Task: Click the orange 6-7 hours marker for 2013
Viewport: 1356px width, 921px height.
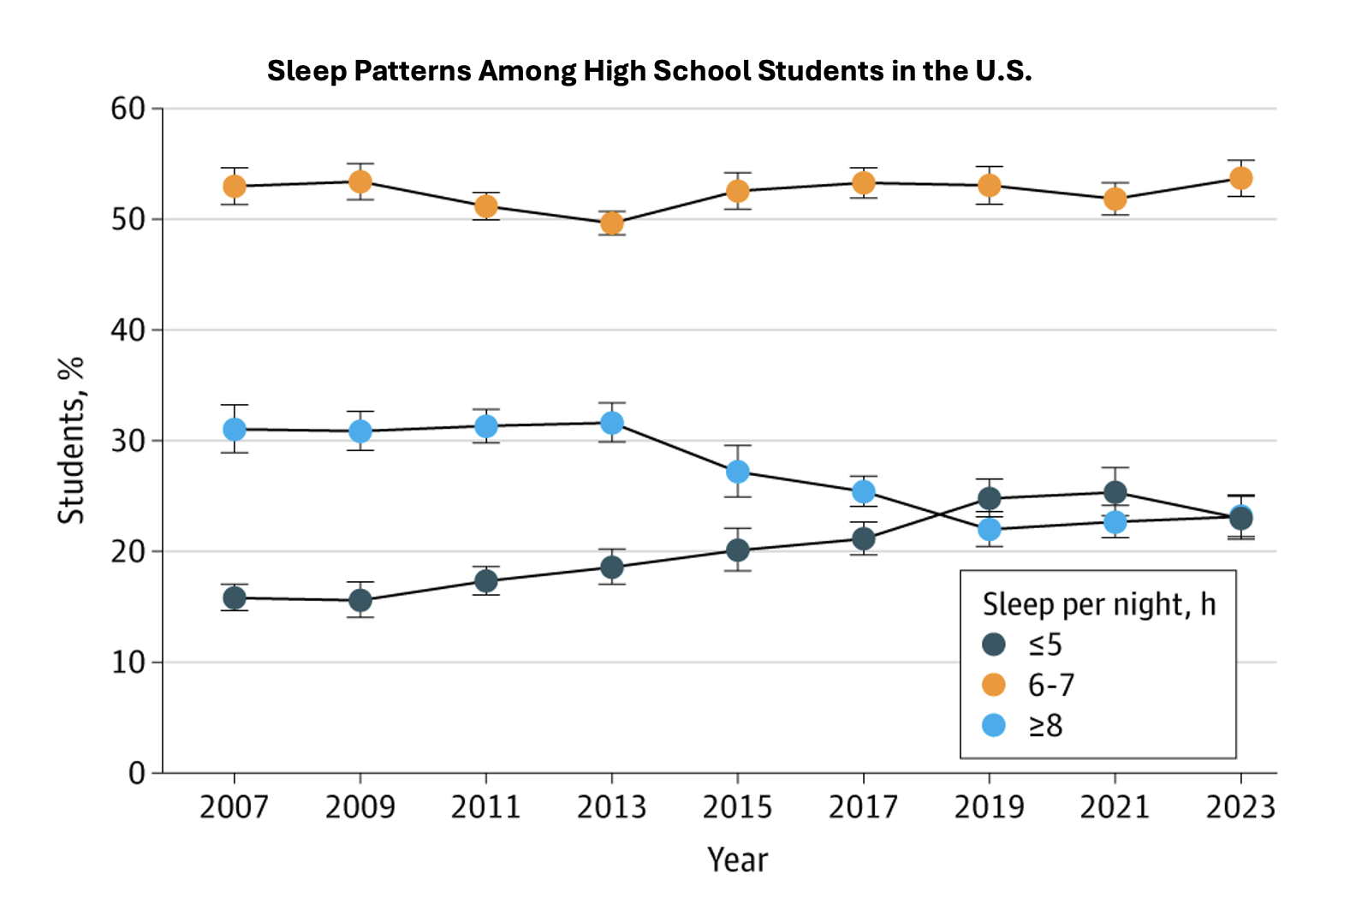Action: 611,223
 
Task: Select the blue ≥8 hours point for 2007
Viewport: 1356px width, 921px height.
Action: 235,429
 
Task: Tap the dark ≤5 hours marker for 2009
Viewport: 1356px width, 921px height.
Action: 360,600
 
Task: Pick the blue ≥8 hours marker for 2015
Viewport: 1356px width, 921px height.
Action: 738,472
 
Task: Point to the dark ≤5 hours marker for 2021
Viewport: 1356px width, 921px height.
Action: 1115,492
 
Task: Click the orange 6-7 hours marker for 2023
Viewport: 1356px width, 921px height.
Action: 1240,178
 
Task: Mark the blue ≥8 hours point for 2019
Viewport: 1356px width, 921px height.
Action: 990,530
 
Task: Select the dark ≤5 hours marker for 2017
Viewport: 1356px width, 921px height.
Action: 864,538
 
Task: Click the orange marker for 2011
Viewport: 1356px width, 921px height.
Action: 486,206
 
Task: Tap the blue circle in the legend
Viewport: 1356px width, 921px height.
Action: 994,725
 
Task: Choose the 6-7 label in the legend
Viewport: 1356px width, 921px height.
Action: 1050,685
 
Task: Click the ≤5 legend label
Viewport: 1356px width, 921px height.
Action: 1045,644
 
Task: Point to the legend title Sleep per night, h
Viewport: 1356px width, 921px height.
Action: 1098,604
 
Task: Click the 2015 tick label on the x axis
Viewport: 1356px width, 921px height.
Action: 738,806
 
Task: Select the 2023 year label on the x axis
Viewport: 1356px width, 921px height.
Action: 1240,806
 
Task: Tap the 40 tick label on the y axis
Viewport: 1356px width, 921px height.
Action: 128,330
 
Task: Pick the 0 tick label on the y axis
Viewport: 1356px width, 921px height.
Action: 137,773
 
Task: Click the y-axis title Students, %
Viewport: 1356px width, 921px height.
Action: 71,441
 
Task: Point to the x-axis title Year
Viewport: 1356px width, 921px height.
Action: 737,859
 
